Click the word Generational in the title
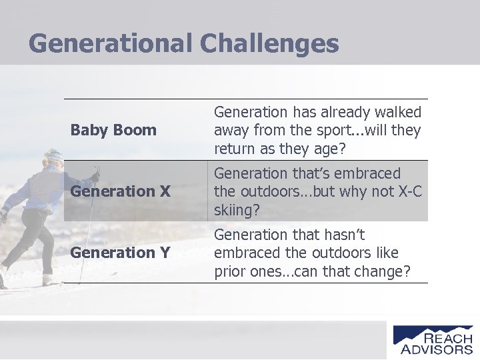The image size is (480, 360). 110,44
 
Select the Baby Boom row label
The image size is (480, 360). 113,130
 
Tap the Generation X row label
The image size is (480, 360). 121,191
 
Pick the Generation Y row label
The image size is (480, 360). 120,253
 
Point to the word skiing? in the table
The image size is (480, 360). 237,211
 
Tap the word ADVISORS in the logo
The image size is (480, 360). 437,349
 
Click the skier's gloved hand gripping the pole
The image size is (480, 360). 95,177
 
